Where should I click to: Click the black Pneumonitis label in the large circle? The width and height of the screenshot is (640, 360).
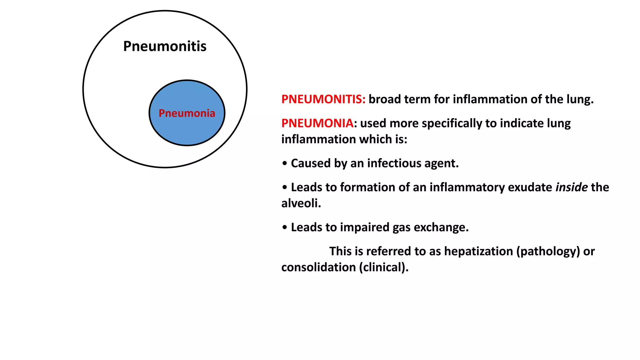coord(165,46)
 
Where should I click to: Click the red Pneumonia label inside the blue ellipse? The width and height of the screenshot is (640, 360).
coord(187,113)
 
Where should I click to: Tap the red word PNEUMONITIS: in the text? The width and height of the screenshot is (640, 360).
coord(323,99)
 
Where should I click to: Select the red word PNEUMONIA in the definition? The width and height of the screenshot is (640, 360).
coord(317,123)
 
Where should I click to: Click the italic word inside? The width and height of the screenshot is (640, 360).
coord(571,187)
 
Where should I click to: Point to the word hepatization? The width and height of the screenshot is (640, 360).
coord(478,252)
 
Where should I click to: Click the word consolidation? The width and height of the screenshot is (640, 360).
coord(318,267)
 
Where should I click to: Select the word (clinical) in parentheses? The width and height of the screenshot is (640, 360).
coord(383,267)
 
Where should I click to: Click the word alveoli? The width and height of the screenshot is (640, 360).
coord(301,203)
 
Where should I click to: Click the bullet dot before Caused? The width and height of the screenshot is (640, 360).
coord(284,163)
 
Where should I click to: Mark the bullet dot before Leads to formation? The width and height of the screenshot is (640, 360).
coord(284,187)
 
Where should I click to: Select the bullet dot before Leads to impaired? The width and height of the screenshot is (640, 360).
coord(284,227)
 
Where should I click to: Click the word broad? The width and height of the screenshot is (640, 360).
coord(385,99)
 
